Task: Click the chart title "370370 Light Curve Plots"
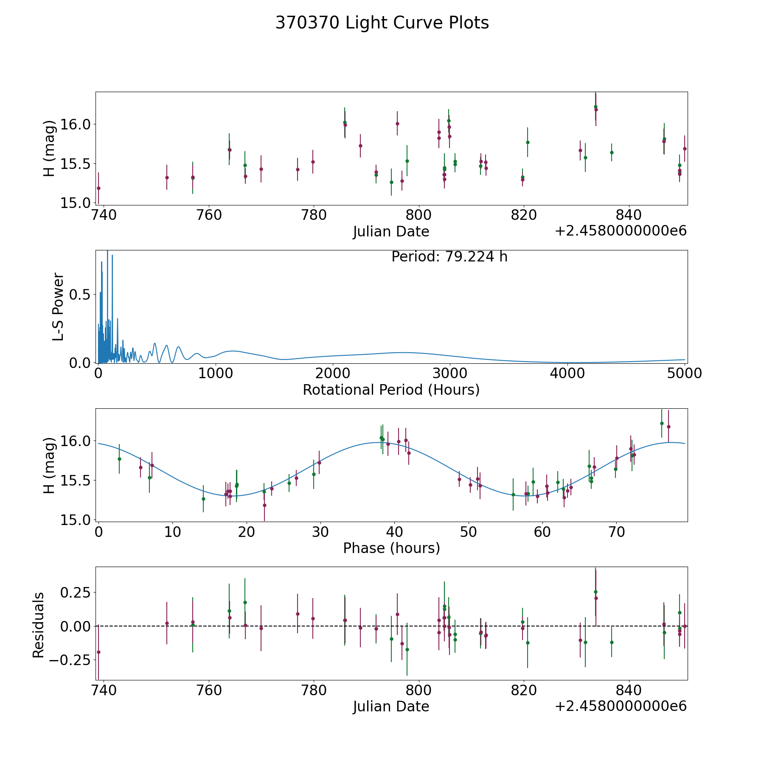(x=382, y=23)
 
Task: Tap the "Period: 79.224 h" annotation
(x=449, y=257)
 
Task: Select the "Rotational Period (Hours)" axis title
(x=391, y=390)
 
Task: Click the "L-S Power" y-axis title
(x=59, y=307)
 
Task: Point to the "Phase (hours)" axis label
(x=391, y=548)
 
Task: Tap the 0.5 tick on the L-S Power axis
(x=81, y=295)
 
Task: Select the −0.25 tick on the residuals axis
(x=70, y=660)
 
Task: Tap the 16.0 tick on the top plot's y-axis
(x=75, y=124)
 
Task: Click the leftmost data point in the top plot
(x=98, y=188)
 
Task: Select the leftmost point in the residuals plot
(x=98, y=652)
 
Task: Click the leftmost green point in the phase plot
(x=119, y=459)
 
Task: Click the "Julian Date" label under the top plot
(x=391, y=232)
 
